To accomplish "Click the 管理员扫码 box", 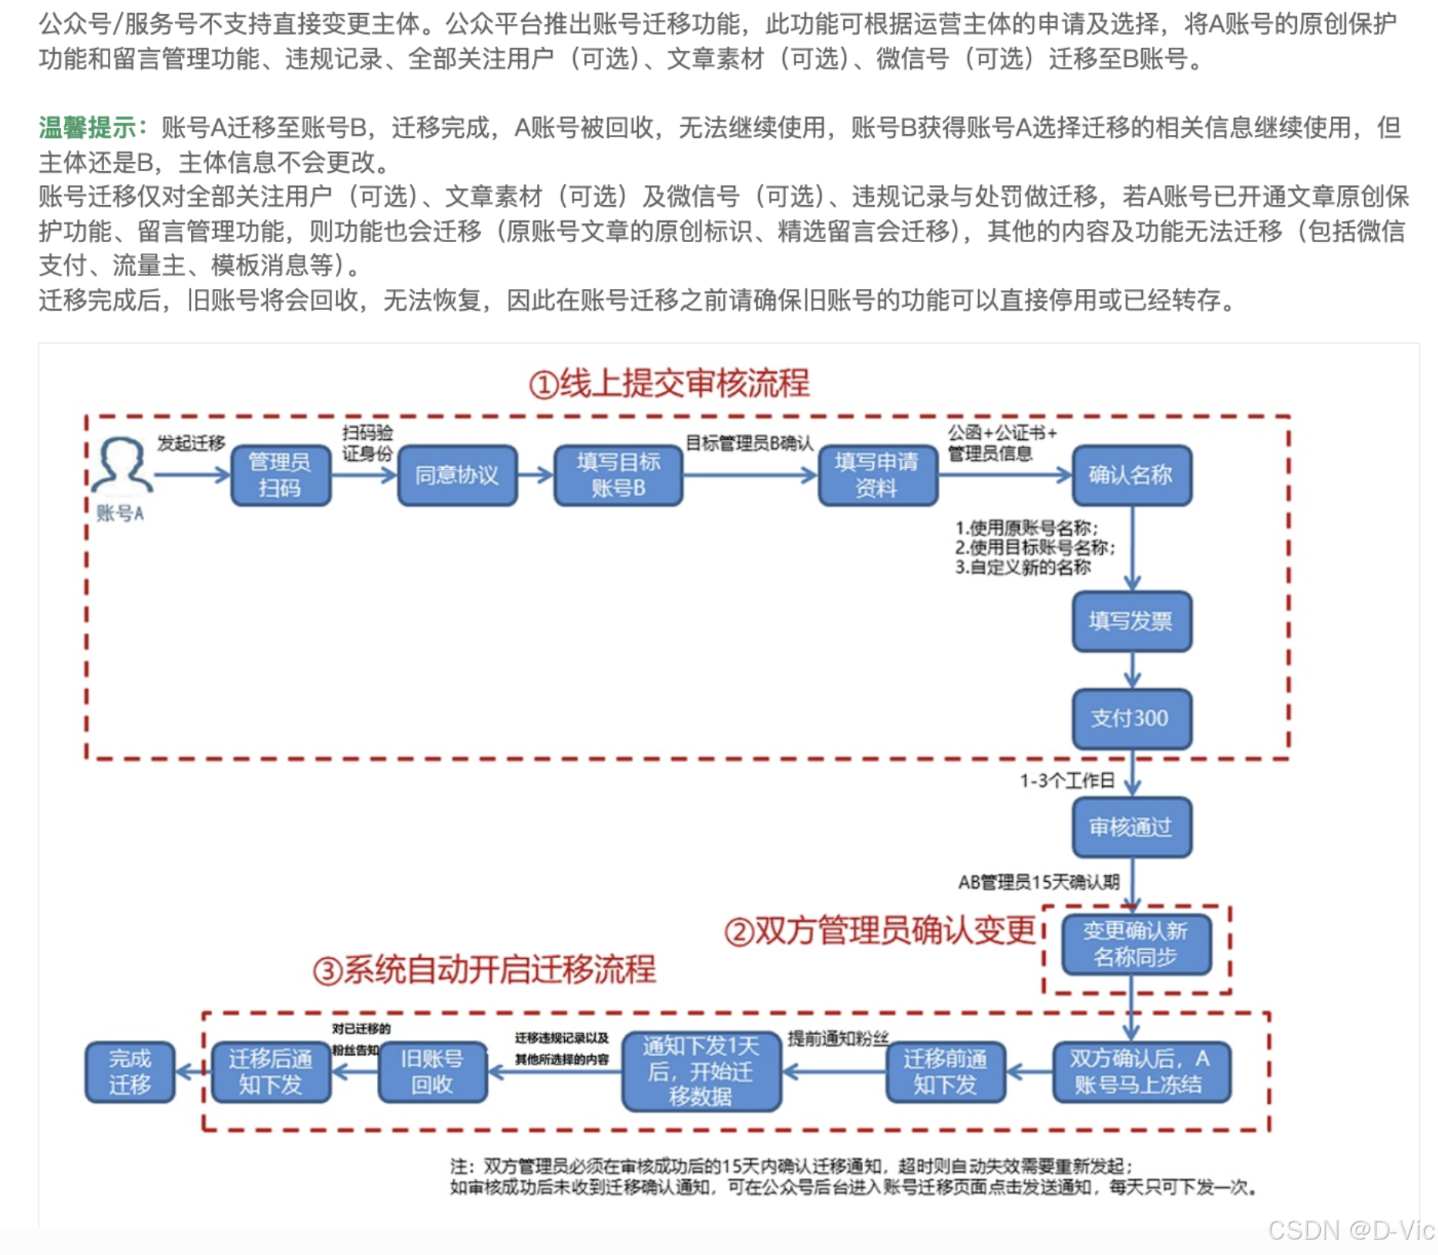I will [x=281, y=475].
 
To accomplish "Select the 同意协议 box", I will [x=457, y=475].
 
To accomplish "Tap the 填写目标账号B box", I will [x=618, y=475].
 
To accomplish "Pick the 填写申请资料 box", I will [x=877, y=475].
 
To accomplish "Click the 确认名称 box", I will [x=1131, y=475].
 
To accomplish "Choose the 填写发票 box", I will [x=1131, y=621].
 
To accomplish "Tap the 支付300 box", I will [x=1131, y=718].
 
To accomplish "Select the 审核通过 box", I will [x=1131, y=827].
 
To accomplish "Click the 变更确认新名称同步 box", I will [x=1136, y=944].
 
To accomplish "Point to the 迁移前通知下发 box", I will [x=946, y=1072].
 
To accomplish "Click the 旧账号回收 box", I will [x=432, y=1072].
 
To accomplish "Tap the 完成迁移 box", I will [x=129, y=1072].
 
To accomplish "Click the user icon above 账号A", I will [x=121, y=465].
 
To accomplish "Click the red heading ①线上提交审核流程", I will [x=669, y=383].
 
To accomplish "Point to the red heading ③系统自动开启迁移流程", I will [x=484, y=970].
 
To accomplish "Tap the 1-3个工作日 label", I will [x=1067, y=781].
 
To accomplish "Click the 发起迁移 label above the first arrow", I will [x=191, y=443].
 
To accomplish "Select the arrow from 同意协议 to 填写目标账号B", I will [x=536, y=475].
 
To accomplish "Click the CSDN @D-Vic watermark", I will [x=1350, y=1230].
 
